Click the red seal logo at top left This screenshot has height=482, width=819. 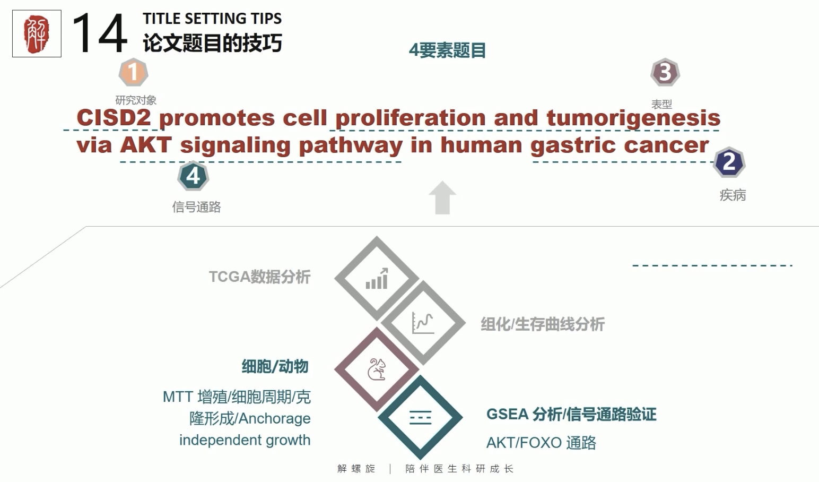(x=37, y=33)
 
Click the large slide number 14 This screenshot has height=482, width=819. (x=100, y=33)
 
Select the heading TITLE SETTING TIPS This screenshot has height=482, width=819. (x=212, y=19)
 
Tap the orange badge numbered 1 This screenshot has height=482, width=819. (x=134, y=72)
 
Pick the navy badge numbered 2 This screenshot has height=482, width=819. (x=729, y=162)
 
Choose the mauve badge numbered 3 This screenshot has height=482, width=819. (x=665, y=72)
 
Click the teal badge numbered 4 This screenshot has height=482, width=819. (x=193, y=176)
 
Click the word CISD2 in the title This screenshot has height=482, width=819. (x=114, y=117)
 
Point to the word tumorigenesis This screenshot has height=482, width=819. (x=634, y=118)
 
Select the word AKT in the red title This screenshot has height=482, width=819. (x=146, y=144)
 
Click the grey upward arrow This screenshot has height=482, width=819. (x=442, y=197)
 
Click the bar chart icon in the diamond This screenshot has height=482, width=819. (x=377, y=279)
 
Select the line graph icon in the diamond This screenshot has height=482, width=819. (x=423, y=323)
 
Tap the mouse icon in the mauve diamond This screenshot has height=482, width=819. (x=377, y=369)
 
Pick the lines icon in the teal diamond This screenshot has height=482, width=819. (x=421, y=418)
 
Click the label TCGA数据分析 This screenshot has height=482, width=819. (x=259, y=277)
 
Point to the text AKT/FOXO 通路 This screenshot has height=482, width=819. (x=541, y=443)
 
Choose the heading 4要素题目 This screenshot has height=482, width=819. (x=447, y=50)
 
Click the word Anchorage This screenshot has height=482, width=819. (x=275, y=419)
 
